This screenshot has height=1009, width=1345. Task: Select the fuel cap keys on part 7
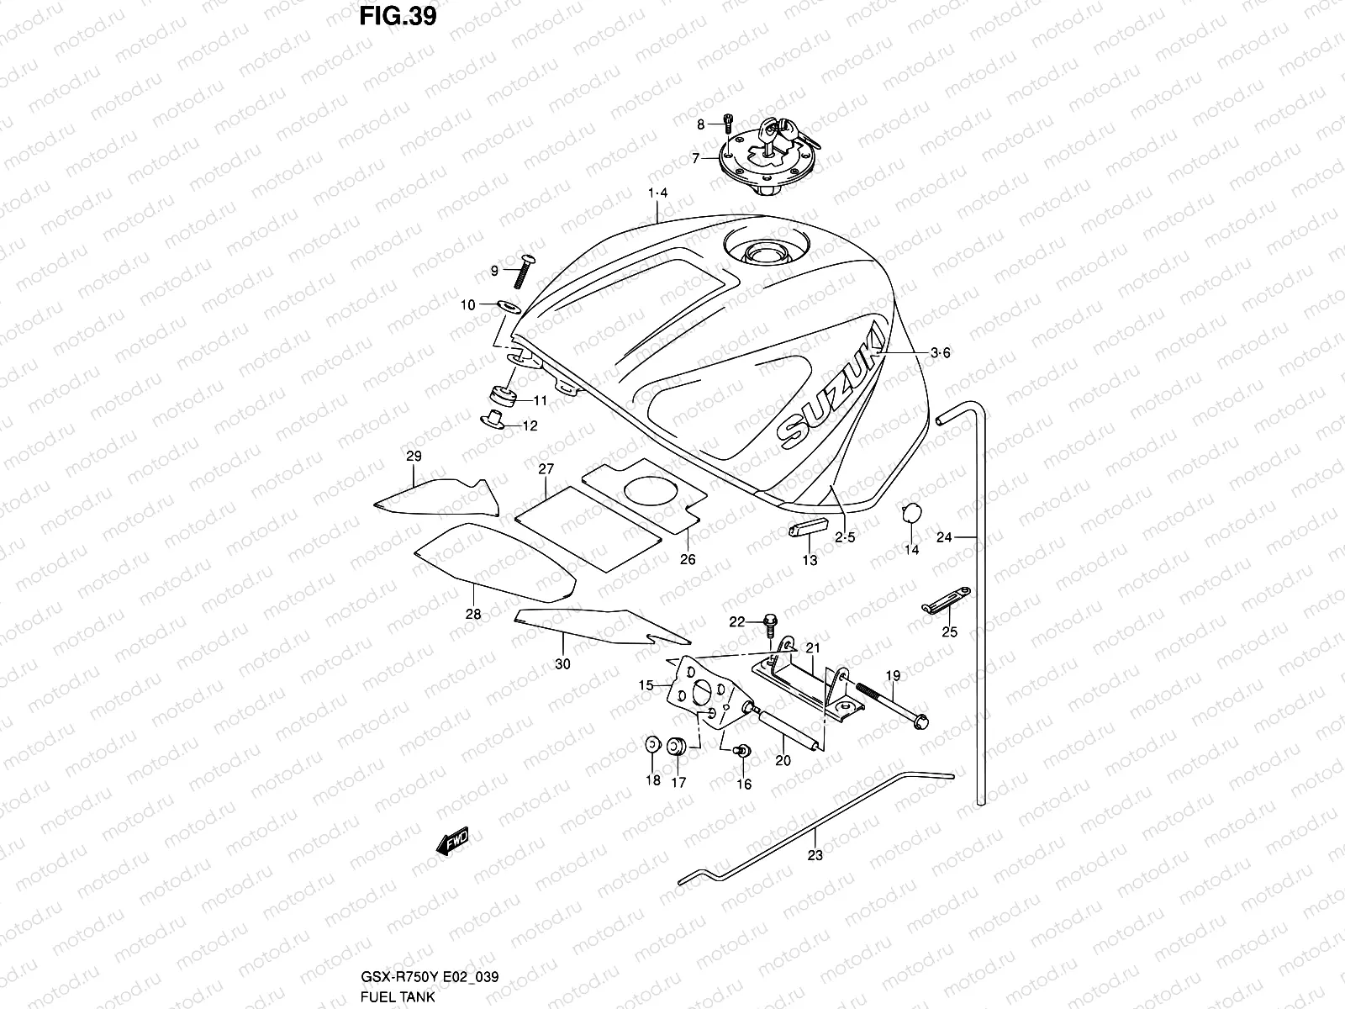coord(782,130)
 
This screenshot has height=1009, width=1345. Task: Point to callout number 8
coord(700,125)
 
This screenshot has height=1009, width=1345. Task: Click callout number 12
coord(530,426)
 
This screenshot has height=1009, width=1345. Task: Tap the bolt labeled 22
coord(769,623)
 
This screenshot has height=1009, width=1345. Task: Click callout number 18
coord(653,781)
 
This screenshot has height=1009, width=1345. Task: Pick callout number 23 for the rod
coord(815,856)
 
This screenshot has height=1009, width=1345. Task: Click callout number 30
coord(562,664)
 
